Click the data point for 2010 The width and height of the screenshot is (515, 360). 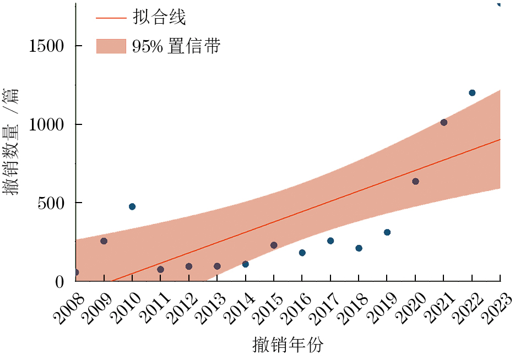tap(132, 206)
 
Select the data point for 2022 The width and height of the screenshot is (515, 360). tap(472, 92)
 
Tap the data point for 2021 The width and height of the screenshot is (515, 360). tap(444, 122)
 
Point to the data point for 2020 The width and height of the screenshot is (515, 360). tap(415, 181)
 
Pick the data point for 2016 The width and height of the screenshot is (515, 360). tap(302, 253)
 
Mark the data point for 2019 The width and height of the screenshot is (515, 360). tap(387, 232)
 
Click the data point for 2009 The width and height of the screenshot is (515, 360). tap(104, 241)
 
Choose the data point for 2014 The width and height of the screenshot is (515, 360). tap(245, 264)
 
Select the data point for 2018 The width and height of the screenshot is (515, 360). tap(359, 248)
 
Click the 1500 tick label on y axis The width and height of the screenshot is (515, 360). tap(46, 46)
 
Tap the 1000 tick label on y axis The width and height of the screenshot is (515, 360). tap(46, 124)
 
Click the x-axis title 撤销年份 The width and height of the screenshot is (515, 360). tap(288, 345)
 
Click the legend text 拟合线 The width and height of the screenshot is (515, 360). tap(159, 18)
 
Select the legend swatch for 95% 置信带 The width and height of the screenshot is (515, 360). tap(111, 46)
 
